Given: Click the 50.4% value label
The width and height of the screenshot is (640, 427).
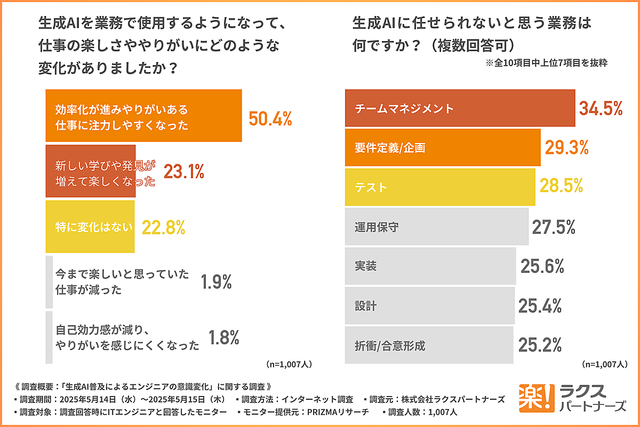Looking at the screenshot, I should pyautogui.click(x=270, y=118).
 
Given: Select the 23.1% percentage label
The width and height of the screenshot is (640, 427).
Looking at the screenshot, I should pyautogui.click(x=184, y=171).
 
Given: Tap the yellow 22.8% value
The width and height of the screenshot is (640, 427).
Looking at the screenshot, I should pyautogui.click(x=163, y=227).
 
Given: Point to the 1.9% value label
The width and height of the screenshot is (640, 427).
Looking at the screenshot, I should pyautogui.click(x=216, y=282).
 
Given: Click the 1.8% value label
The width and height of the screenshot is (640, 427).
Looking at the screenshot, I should pyautogui.click(x=223, y=337).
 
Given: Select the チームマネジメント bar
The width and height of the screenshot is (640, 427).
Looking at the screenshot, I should pyautogui.click(x=460, y=108).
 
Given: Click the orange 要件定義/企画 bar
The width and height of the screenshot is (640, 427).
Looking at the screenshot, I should pyautogui.click(x=443, y=147).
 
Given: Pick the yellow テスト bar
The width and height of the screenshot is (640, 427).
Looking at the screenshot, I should pyautogui.click(x=440, y=187).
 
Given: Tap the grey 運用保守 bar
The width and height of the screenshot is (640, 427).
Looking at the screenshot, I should pyautogui.click(x=437, y=227).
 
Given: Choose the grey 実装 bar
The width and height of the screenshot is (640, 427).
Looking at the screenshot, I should pyautogui.click(x=430, y=266).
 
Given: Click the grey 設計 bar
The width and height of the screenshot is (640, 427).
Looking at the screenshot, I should pyautogui.click(x=430, y=305).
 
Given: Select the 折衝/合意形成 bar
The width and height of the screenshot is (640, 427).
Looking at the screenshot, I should pyautogui.click(x=429, y=345).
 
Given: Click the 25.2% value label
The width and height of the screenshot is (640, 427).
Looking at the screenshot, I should pyautogui.click(x=540, y=345).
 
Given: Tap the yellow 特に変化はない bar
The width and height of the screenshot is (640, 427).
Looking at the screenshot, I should pyautogui.click(x=90, y=227).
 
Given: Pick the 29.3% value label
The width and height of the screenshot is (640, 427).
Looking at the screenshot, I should pyautogui.click(x=566, y=147).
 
